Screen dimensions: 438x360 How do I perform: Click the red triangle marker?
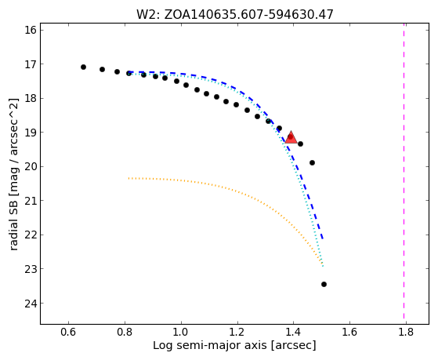(291, 137)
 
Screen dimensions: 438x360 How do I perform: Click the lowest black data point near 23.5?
(324, 284)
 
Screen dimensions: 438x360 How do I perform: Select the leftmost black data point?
(83, 67)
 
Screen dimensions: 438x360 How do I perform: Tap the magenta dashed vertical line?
(404, 173)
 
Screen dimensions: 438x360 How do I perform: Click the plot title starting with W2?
(234, 14)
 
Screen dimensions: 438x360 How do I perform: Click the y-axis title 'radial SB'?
(13, 174)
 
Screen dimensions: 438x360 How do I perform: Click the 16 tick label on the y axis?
(31, 30)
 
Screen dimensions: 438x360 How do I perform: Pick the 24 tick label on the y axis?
(31, 304)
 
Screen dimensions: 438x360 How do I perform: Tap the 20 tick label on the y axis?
(31, 167)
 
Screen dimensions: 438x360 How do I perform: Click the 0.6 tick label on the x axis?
(68, 332)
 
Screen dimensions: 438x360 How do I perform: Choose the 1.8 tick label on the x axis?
(406, 332)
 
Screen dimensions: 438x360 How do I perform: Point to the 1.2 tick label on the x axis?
(237, 332)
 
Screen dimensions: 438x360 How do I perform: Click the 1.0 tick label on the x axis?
(181, 332)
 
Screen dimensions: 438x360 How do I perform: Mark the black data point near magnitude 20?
(313, 163)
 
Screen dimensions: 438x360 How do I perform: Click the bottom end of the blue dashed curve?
(323, 239)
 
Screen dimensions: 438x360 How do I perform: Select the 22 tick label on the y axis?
(31, 235)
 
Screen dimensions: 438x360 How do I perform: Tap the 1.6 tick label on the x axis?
(349, 332)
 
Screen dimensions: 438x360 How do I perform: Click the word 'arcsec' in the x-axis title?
(294, 346)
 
